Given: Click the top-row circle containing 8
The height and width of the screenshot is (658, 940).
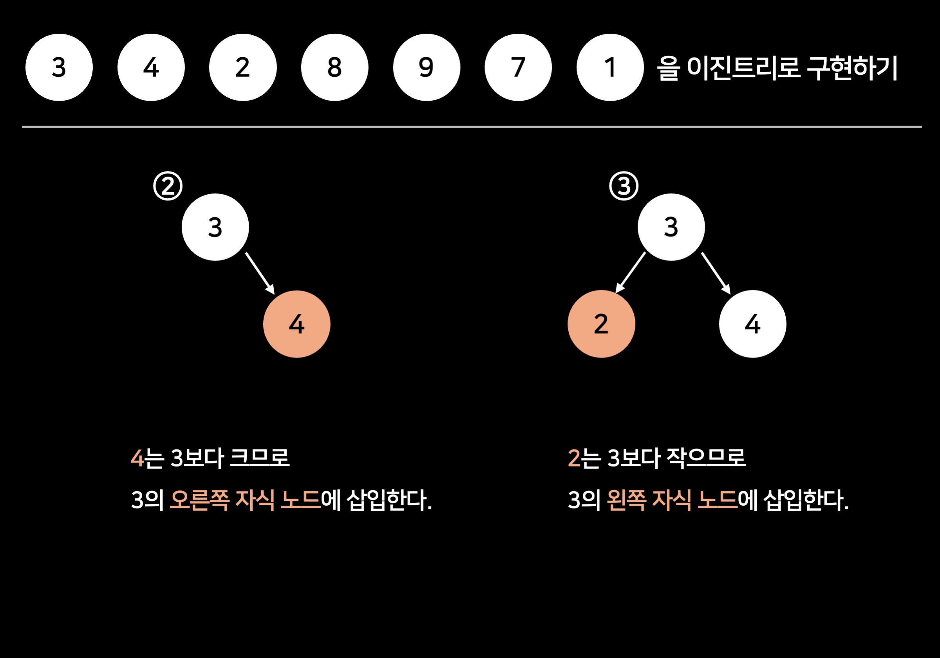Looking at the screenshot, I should (x=334, y=67).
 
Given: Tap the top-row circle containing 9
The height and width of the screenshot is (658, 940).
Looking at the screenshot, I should (x=426, y=67).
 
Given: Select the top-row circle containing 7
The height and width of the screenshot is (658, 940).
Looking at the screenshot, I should (x=518, y=67).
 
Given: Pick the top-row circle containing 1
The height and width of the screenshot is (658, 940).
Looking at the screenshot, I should (x=610, y=67).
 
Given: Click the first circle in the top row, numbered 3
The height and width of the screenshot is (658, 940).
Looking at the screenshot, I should (x=59, y=67).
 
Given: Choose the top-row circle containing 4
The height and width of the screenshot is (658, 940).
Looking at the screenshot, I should (x=151, y=67).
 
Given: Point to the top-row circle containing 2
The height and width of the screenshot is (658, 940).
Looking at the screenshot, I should (x=243, y=67).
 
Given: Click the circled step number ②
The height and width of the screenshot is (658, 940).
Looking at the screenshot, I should (x=168, y=186).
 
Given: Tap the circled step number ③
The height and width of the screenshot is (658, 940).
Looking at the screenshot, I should (x=624, y=186).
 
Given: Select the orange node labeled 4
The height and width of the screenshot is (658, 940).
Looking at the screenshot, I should (x=297, y=324).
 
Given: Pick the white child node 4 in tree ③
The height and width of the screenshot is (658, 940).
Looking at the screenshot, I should (x=752, y=324).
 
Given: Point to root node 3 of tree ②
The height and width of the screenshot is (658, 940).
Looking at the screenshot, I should (x=215, y=227).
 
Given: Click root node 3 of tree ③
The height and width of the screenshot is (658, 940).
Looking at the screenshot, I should (x=671, y=227).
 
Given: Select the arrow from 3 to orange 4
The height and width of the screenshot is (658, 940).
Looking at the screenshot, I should (x=260, y=273).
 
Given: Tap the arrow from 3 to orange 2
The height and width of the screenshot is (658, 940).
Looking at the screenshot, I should (x=631, y=273).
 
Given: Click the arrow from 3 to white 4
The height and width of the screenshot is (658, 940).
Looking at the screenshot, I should (x=716, y=273).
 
